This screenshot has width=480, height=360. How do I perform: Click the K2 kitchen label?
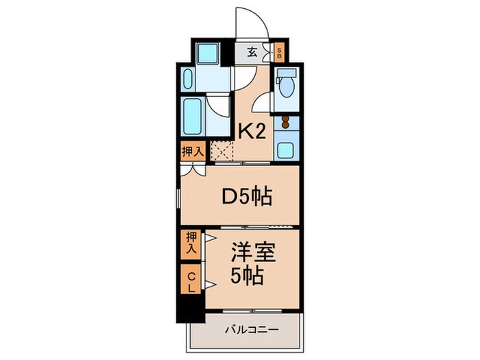pyautogui.click(x=252, y=130)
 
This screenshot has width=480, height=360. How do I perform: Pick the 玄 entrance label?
pyautogui.click(x=252, y=51)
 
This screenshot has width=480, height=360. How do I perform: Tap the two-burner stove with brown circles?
pyautogui.click(x=284, y=124)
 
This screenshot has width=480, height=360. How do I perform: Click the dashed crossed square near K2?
pyautogui.click(x=222, y=149)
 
